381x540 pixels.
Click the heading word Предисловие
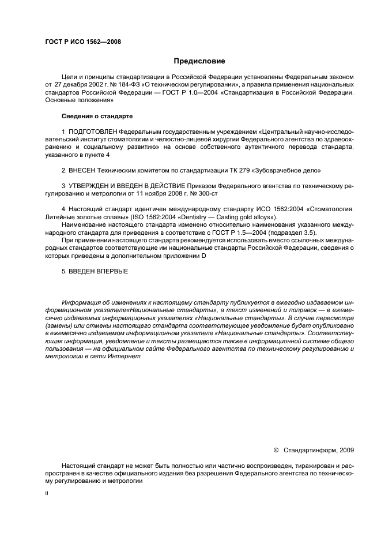(199, 61)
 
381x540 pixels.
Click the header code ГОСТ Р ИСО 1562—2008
(83, 41)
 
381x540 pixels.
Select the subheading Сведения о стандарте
(97, 116)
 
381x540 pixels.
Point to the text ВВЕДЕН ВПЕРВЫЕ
(97, 271)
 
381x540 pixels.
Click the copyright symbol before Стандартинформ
(276, 449)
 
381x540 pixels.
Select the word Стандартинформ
(312, 449)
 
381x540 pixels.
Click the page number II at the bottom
(47, 494)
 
